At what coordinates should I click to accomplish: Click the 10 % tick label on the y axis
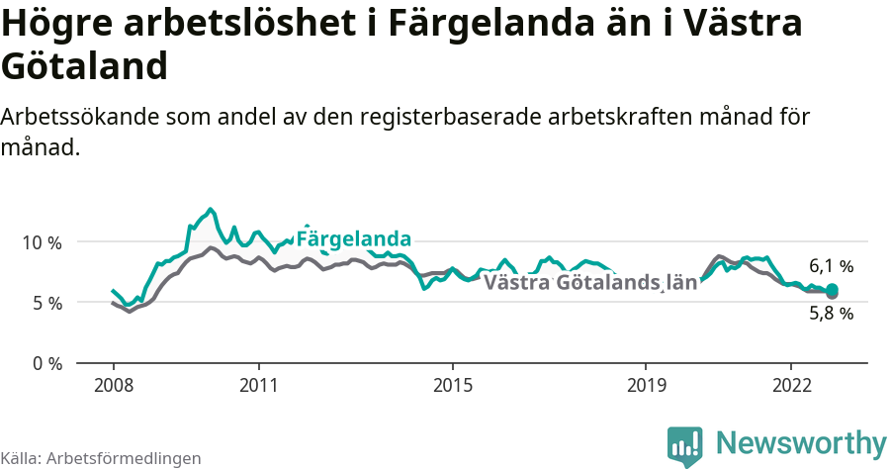pos(42,242)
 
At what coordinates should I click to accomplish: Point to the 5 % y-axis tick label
pos(45,303)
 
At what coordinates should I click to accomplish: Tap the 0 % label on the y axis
pos(45,363)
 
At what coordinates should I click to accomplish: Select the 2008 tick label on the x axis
pos(113,384)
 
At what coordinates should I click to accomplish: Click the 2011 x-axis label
pos(258,384)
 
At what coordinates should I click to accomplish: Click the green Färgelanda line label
pos(353,239)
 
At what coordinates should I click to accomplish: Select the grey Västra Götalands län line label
pos(589,282)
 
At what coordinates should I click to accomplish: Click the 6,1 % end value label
pos(831,266)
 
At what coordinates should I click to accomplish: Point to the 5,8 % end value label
pos(831,314)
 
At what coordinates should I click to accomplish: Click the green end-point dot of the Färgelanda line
pos(833,289)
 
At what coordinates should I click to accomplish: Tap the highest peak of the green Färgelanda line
pos(210,209)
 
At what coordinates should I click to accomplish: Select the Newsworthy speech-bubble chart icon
pos(684,445)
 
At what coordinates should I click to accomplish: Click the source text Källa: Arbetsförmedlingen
pos(101,459)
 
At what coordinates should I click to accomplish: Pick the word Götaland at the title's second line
pos(83,67)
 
